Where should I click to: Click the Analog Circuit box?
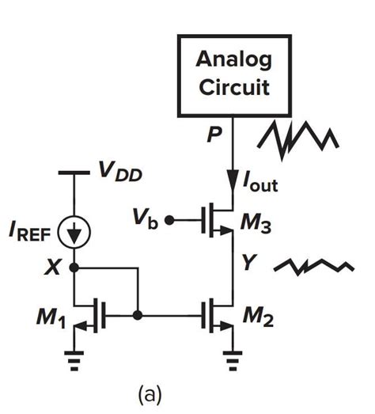233,71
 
